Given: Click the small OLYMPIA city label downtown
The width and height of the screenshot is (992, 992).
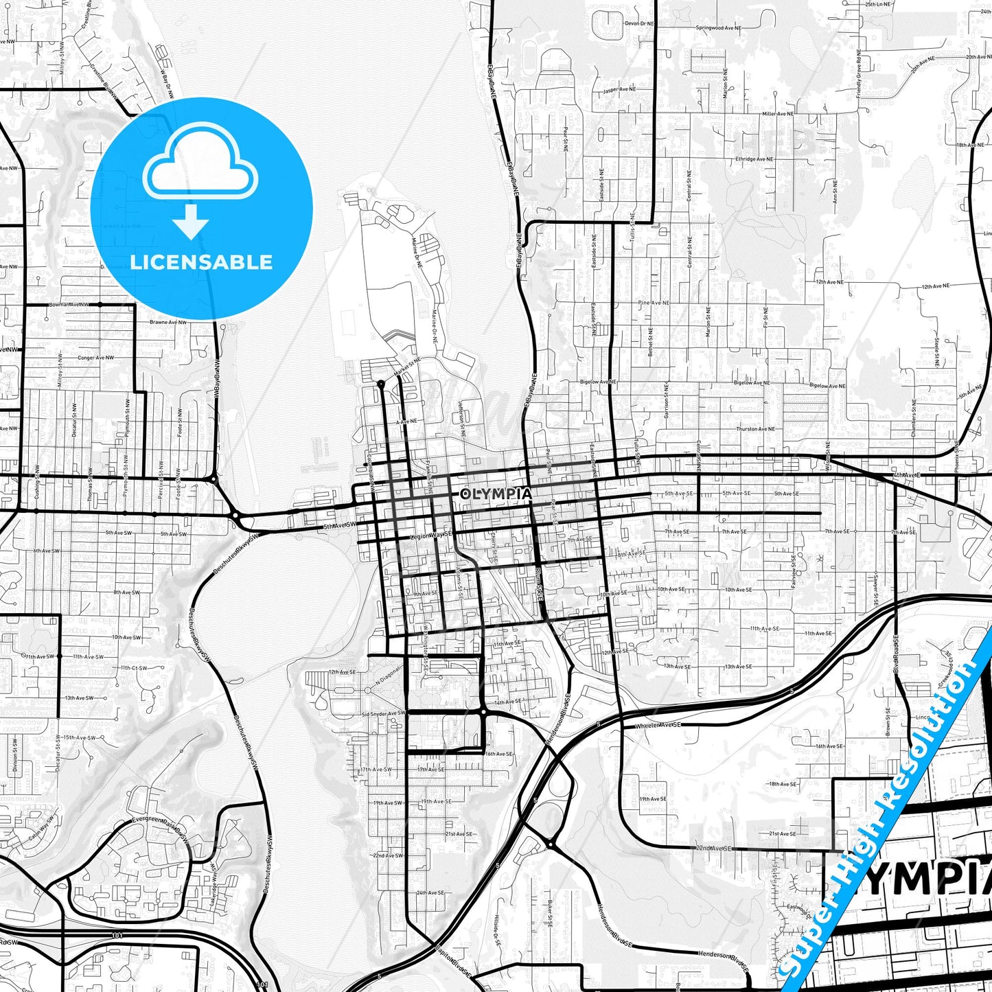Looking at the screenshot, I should [496, 494].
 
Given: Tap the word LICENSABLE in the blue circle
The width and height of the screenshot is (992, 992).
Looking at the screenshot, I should [201, 262].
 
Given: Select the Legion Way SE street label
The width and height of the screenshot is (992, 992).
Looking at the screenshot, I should [431, 535].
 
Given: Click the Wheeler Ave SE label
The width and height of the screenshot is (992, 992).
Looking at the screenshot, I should [658, 725].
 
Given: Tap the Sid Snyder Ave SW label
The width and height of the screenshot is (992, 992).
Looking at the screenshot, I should [382, 713].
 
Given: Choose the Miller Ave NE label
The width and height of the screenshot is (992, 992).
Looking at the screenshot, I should [778, 113].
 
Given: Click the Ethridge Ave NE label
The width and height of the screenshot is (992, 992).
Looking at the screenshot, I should [754, 159].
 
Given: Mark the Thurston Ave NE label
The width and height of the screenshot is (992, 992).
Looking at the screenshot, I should [755, 429].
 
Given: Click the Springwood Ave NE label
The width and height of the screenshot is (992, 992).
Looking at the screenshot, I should [719, 28].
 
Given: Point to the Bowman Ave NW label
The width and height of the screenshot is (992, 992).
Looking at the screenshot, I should [69, 304].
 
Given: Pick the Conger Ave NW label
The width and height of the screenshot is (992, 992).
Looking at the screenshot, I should [95, 358].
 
